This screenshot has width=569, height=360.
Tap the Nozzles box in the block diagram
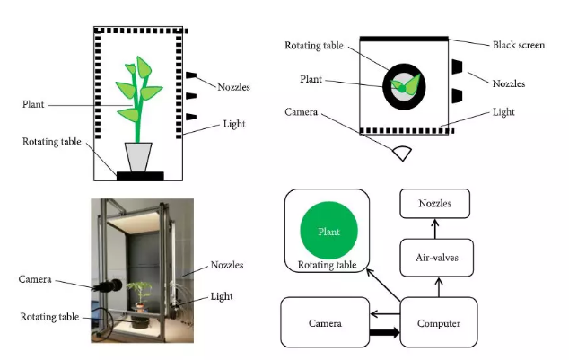point(434,206)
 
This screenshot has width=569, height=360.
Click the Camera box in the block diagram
point(324,322)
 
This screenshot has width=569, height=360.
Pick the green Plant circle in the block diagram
point(329,232)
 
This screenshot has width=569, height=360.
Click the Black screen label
point(518,45)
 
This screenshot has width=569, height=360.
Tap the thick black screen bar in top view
point(404,39)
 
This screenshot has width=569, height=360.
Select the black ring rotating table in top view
point(390,86)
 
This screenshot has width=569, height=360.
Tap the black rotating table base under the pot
point(138,175)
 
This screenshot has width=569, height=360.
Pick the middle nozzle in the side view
point(190,95)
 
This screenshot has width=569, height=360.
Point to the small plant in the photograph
point(139,293)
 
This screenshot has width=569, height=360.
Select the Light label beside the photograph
point(222,296)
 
